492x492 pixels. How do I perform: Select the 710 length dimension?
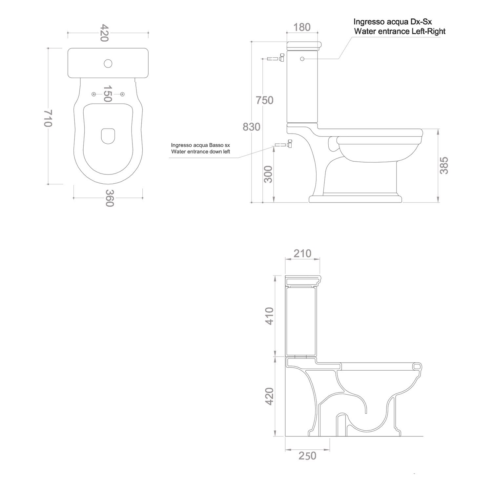click(48, 118)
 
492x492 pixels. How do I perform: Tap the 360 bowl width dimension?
click(109, 198)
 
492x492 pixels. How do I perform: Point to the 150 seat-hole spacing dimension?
click(108, 94)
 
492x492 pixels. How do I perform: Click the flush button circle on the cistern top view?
click(108, 63)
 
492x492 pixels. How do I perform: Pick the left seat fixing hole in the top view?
click(94, 94)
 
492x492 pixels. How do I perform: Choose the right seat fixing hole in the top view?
click(122, 94)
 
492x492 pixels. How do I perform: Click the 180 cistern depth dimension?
click(302, 27)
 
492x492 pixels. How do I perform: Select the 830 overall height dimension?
click(252, 127)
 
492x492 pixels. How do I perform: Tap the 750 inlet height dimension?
click(264, 100)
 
